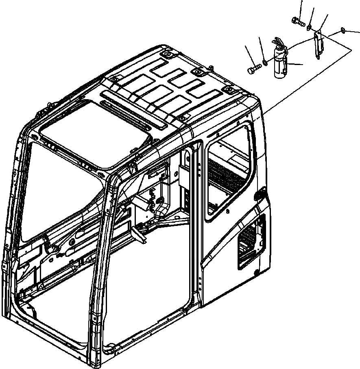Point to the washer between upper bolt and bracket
click(x=309, y=27)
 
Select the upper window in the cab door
click(x=228, y=171)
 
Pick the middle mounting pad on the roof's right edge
click(x=198, y=72)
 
